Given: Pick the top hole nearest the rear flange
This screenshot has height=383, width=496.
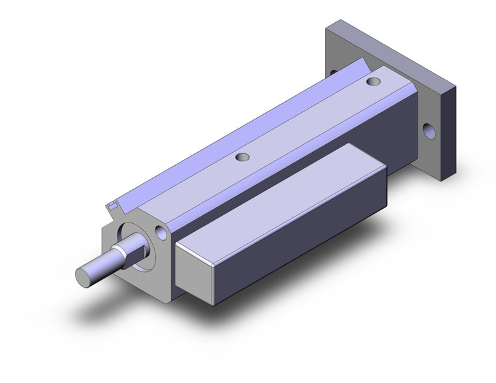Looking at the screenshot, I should (x=373, y=82).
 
